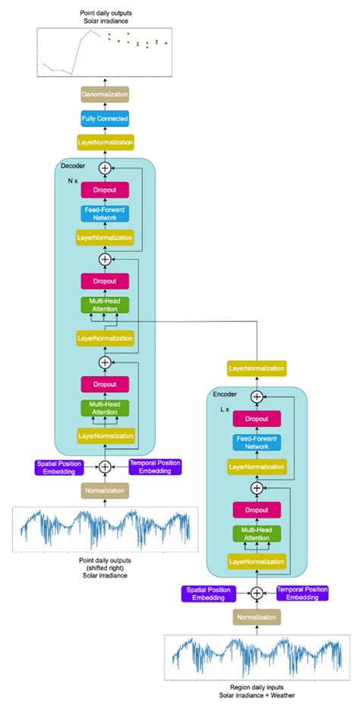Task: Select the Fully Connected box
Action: pyautogui.click(x=105, y=119)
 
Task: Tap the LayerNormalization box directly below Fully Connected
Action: pyautogui.click(x=105, y=142)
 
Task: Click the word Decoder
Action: pyautogui.click(x=73, y=165)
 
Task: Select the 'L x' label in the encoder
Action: pyautogui.click(x=225, y=409)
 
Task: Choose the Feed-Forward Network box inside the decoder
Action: pyautogui.click(x=105, y=214)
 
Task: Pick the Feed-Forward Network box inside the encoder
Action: pyautogui.click(x=257, y=443)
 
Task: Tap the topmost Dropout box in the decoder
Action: pyautogui.click(x=105, y=190)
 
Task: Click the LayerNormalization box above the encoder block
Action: pyautogui.click(x=257, y=369)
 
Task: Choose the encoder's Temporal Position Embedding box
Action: pyautogui.click(x=302, y=593)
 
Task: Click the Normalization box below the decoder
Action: pyautogui.click(x=105, y=490)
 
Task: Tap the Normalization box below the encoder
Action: pyautogui.click(x=257, y=617)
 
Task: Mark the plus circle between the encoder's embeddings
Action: pyautogui.click(x=257, y=593)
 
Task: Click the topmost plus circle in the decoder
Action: pyautogui.click(x=105, y=166)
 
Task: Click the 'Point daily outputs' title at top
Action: pyautogui.click(x=104, y=14)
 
